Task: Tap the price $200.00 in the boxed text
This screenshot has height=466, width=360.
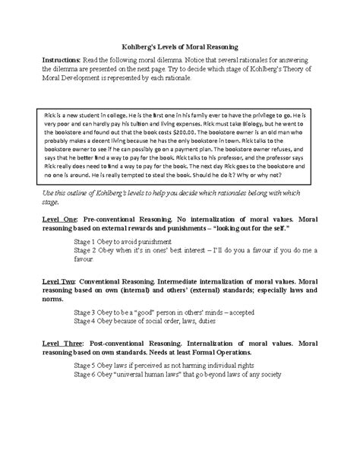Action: click(204, 131)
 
